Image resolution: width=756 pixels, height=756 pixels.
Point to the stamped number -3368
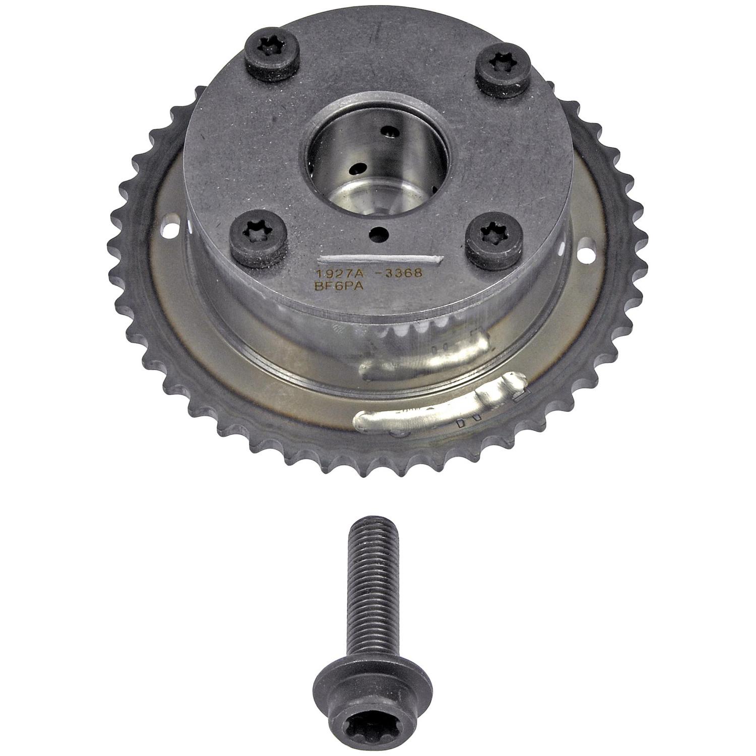398,273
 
